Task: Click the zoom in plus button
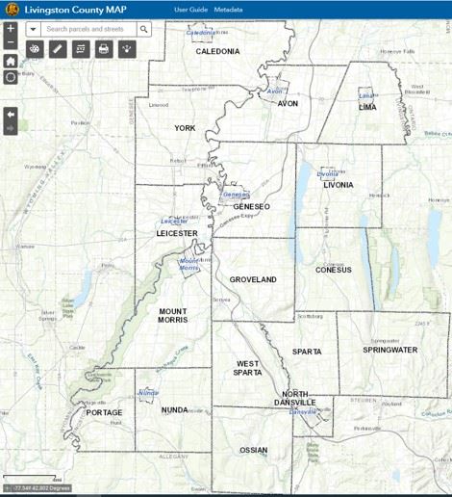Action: tap(11, 29)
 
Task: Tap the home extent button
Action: tap(11, 61)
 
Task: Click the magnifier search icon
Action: tap(143, 29)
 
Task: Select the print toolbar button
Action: tap(104, 49)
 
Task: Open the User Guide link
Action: tap(190, 9)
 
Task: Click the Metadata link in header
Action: tap(229, 9)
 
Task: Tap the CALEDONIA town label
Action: tap(217, 51)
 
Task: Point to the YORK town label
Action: tap(185, 127)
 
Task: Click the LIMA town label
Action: tap(366, 108)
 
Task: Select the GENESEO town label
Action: tap(252, 206)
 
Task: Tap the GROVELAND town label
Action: tap(253, 279)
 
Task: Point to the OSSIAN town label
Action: tap(254, 449)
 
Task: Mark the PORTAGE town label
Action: tap(105, 412)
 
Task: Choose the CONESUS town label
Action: tap(334, 270)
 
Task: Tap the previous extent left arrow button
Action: tap(11, 114)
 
